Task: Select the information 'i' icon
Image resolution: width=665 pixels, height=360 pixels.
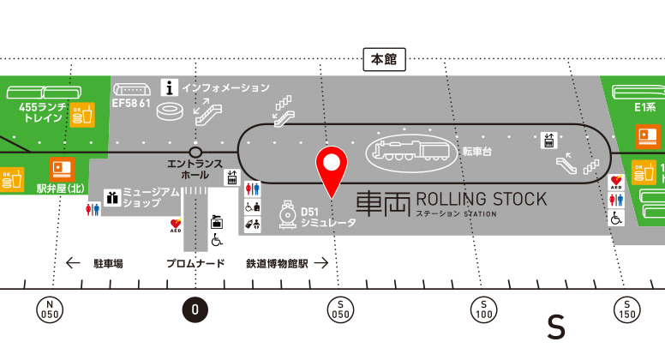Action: (170, 87)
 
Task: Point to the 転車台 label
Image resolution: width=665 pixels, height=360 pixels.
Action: (478, 151)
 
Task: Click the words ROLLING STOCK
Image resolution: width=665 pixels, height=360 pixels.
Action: (481, 200)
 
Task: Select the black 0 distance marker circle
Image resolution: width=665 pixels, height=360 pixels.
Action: (195, 309)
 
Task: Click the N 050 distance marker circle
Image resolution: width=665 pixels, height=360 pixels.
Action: (49, 309)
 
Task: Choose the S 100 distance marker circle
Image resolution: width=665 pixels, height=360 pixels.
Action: (484, 309)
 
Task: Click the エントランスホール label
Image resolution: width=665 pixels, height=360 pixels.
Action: (195, 169)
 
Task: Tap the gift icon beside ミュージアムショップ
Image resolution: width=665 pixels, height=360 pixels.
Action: (111, 198)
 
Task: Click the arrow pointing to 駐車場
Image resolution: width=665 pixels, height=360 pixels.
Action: (74, 263)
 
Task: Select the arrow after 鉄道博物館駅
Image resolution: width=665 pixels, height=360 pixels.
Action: (321, 263)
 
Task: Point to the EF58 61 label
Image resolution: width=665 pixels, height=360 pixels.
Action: (132, 104)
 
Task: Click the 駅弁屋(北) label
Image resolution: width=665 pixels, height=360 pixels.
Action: (59, 188)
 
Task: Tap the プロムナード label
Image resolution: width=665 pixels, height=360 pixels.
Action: (195, 263)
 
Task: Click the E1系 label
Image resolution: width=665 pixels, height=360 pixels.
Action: (644, 108)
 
